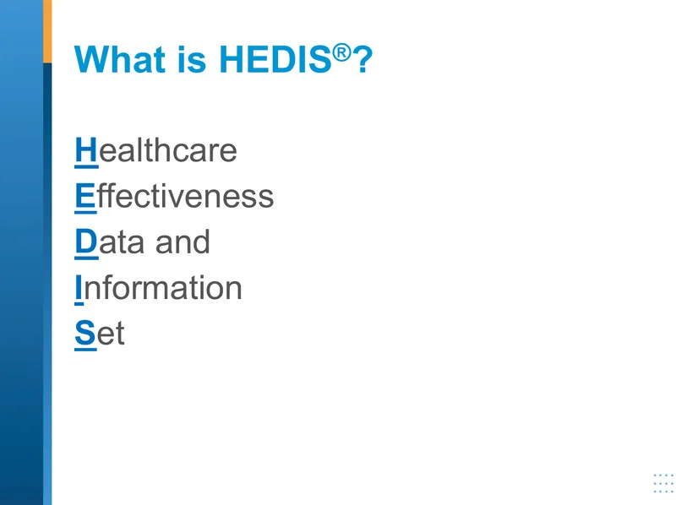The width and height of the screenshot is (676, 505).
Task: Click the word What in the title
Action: click(120, 59)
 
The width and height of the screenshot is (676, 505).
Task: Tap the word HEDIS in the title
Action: click(275, 59)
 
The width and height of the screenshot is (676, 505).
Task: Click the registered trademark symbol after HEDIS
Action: click(342, 52)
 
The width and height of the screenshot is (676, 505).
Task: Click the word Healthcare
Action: click(155, 150)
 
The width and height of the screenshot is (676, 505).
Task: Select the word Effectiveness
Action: click(174, 196)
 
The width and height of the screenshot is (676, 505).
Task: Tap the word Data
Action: click(109, 242)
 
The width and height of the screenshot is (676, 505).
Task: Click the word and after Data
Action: click(183, 242)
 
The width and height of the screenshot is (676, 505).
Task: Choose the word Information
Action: click(158, 287)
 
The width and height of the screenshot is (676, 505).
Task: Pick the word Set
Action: click(100, 333)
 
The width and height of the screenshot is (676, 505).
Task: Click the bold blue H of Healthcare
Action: click(86, 150)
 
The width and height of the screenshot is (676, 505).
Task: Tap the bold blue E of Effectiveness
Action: click(84, 196)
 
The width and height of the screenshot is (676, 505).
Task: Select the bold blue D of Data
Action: click(86, 242)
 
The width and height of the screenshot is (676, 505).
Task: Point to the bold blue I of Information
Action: click(79, 287)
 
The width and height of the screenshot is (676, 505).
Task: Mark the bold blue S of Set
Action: click(85, 333)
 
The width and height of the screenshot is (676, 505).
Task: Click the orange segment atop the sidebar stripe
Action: click(47, 31)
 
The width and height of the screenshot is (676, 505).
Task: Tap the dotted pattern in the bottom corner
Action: click(664, 483)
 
